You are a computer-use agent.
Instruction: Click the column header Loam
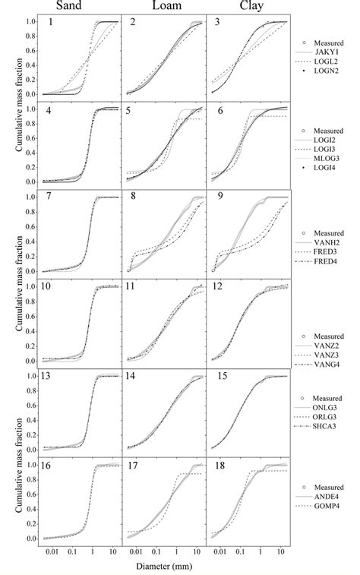pos(163,8)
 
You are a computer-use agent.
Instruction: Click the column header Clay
pos(248,8)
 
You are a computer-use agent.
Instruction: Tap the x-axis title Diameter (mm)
pos(163,567)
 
